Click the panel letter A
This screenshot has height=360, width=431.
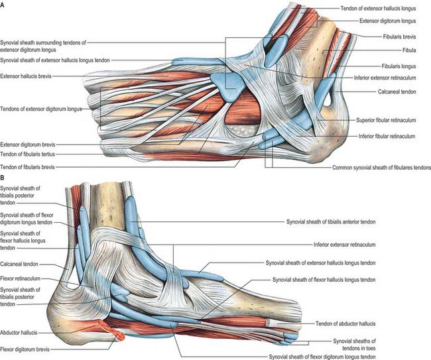tap(2, 4)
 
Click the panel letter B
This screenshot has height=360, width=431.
tap(2, 178)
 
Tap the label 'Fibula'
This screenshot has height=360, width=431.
tap(409, 50)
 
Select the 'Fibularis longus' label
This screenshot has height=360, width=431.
tap(399, 66)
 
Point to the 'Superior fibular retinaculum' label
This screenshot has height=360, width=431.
tap(386, 120)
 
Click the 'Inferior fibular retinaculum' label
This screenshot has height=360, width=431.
tap(387, 136)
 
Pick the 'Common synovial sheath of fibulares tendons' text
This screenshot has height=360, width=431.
tap(381, 167)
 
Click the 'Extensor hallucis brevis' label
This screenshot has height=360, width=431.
tap(26, 76)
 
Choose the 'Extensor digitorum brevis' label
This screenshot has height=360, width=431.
tap(27, 145)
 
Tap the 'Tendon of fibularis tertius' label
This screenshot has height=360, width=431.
tap(27, 154)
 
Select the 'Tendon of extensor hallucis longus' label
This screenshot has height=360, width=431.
tap(378, 9)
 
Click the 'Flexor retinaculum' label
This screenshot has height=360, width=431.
tap(20, 278)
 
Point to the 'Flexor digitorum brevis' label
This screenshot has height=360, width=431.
tap(25, 349)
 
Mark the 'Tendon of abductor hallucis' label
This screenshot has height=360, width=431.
tap(345, 324)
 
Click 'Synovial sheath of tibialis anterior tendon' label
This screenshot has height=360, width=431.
tap(331, 222)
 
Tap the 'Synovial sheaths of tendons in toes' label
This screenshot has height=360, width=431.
tap(354, 345)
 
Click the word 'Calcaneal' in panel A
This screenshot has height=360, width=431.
tap(387, 91)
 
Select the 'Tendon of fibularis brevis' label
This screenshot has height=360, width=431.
tap(27, 167)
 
